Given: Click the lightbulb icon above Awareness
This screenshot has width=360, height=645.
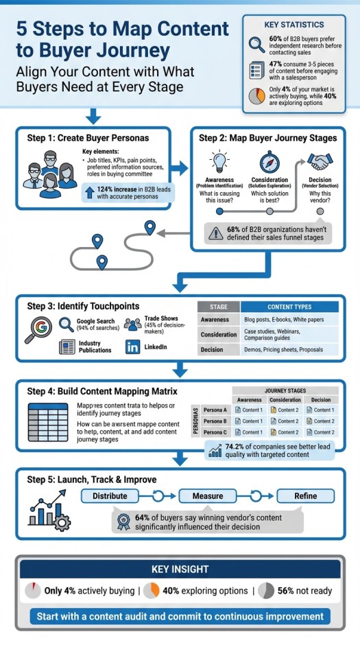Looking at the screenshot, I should [x=219, y=162].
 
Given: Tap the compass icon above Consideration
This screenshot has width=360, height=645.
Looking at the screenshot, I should [x=269, y=162].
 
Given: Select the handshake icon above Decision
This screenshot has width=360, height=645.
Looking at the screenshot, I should [x=319, y=162].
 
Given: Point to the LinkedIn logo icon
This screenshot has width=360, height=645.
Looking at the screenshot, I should [x=132, y=348].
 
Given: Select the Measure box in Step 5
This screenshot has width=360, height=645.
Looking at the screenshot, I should [x=207, y=496].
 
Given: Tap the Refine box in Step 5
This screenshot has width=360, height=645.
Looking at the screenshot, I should [x=305, y=496].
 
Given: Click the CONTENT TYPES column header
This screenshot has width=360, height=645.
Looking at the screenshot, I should [x=289, y=307].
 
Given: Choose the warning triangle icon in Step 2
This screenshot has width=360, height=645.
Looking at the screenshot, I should [x=217, y=233].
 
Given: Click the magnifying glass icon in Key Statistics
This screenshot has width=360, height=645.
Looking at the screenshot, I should [x=256, y=45].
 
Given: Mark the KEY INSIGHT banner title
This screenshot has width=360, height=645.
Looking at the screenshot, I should [x=180, y=570].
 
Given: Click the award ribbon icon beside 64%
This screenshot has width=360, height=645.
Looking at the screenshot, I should [x=124, y=521].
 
